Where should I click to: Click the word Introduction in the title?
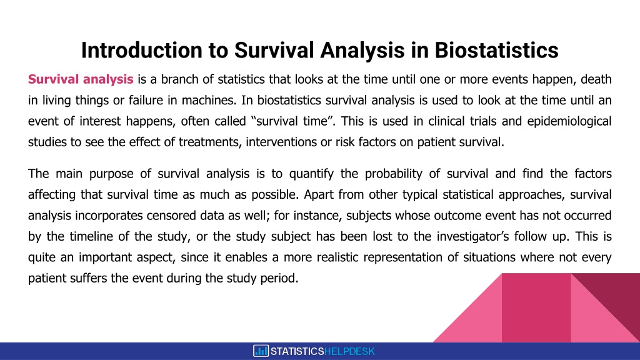(x=142, y=50)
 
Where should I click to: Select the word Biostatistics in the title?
(x=496, y=50)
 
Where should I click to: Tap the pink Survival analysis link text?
(x=81, y=79)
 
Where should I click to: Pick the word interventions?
(x=279, y=142)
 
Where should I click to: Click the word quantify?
(x=311, y=174)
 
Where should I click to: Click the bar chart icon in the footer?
(x=261, y=351)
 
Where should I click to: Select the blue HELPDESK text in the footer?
(x=349, y=351)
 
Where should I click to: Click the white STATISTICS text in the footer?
(x=297, y=351)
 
